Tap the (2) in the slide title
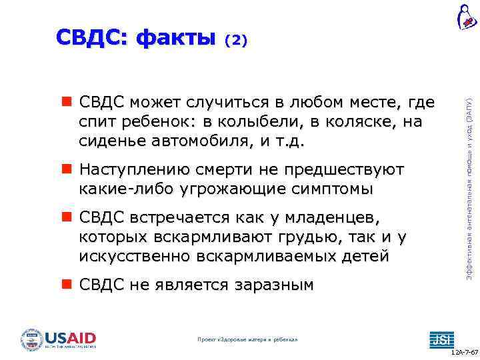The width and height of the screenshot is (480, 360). point(236,41)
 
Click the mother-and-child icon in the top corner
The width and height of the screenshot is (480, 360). point(466,17)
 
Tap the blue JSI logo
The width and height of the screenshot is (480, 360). point(441,339)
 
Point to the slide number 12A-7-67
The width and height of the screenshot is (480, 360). point(464,351)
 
